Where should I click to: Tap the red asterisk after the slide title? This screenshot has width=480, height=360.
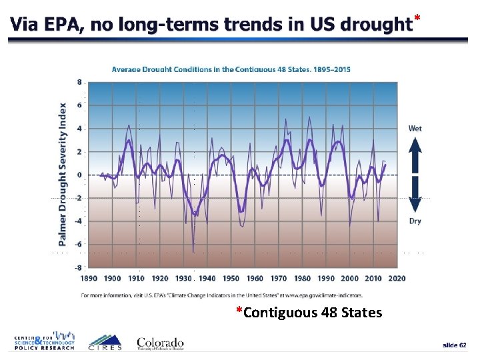point(417,17)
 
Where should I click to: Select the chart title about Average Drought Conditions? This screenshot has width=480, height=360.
point(231,69)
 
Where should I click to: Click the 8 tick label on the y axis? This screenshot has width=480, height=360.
point(80,83)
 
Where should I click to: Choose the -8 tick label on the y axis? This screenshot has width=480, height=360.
point(78,267)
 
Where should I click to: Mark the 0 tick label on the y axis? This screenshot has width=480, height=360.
point(80,175)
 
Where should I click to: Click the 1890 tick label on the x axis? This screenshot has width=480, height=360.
point(89,278)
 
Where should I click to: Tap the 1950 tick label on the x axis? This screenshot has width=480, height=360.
point(231,278)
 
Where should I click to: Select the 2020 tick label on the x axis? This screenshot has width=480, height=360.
point(397,278)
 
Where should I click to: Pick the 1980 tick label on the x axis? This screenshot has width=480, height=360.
point(302,278)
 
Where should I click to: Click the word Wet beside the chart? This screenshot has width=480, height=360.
point(415,128)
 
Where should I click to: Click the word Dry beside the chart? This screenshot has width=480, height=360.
point(415,221)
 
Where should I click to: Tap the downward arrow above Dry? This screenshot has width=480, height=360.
point(415,196)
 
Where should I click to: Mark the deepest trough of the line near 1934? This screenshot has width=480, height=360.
point(193,252)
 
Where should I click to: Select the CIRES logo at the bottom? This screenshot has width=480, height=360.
point(105,341)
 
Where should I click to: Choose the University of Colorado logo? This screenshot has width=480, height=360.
point(160,341)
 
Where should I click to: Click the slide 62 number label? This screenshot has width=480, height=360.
point(455,345)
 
